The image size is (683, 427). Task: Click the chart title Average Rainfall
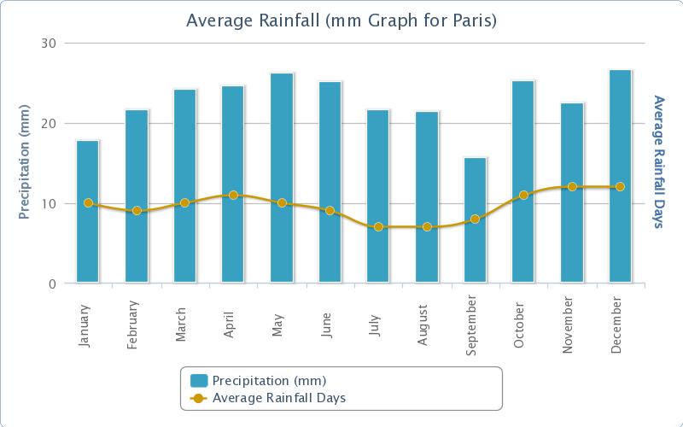pyautogui.click(x=341, y=20)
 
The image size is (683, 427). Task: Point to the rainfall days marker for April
pyautogui.click(x=233, y=196)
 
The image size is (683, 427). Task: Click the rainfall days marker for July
pyautogui.click(x=378, y=227)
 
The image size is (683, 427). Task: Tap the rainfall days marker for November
pyautogui.click(x=572, y=187)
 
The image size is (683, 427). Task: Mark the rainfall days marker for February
pyautogui.click(x=137, y=211)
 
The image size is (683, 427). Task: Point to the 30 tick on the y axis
pyautogui.click(x=49, y=44)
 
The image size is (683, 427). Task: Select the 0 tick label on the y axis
pyautogui.click(x=52, y=284)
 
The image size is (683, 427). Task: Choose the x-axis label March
pyautogui.click(x=182, y=323)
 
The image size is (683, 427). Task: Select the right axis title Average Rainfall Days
pyautogui.click(x=659, y=162)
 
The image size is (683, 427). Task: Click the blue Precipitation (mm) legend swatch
pyautogui.click(x=199, y=380)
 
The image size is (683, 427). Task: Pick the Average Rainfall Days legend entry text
pyautogui.click(x=278, y=398)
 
